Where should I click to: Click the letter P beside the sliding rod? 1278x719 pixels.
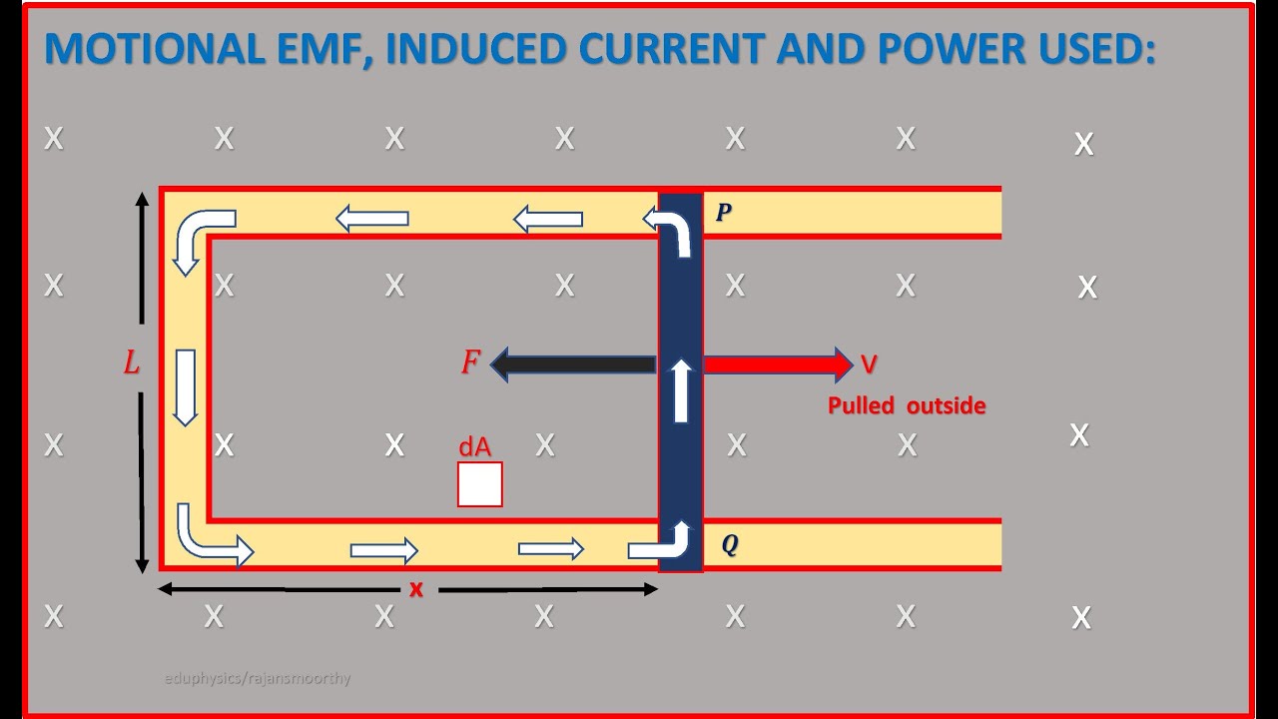coord(724,213)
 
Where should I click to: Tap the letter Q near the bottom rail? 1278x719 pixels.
coord(730,545)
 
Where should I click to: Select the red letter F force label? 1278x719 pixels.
coord(470,363)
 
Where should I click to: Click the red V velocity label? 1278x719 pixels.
coord(869,365)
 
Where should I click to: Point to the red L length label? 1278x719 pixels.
coord(132,363)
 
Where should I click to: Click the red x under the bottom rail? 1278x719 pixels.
coord(416,589)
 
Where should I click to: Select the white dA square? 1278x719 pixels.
coord(480,484)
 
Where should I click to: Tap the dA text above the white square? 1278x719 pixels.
coord(475,447)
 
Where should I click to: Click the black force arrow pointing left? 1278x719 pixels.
coord(573,364)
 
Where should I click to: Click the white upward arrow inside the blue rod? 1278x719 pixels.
coord(681,390)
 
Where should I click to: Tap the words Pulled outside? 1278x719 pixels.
coord(907,406)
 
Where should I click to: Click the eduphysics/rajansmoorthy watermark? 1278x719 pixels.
coord(258,679)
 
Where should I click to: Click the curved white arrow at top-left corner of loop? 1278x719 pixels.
coord(202,238)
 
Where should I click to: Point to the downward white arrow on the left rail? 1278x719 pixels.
coord(185,387)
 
